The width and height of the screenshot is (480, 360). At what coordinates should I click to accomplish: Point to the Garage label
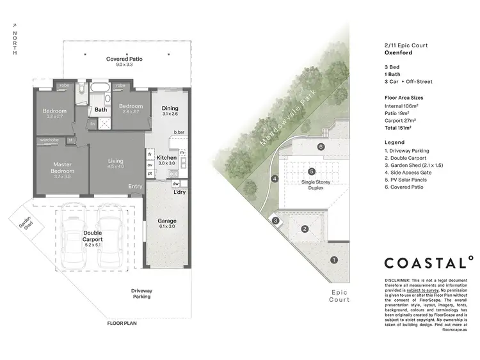(x=168, y=221)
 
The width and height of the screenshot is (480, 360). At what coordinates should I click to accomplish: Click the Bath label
(x=101, y=109)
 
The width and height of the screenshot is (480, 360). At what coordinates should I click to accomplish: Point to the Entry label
(x=135, y=186)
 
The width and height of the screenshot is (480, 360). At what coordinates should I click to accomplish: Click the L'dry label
(x=179, y=192)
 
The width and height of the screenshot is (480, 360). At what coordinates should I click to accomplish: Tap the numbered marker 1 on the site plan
(x=333, y=260)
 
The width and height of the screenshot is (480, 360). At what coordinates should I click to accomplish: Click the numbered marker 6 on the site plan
(x=321, y=146)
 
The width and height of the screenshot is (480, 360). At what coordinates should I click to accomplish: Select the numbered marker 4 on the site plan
(x=275, y=179)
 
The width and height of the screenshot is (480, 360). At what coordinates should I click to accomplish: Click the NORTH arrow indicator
(x=14, y=42)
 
